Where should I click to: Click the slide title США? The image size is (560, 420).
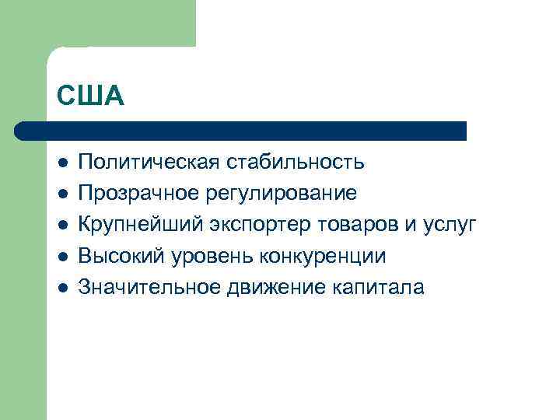[90, 96]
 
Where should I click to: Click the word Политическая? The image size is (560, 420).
[148, 163]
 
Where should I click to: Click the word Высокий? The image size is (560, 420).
[121, 256]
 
